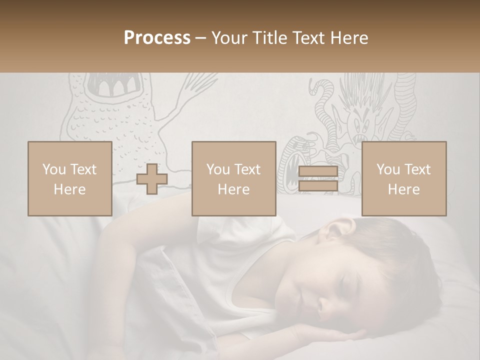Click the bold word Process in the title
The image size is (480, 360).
coord(157,37)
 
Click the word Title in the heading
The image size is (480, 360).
coord(270,37)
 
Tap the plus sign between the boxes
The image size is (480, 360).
coord(152,179)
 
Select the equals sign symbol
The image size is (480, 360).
coord(318,179)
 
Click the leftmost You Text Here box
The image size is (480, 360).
coord(69,178)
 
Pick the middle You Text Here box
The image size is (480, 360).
coord(233,178)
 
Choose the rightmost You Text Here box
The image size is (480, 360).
coord(403,178)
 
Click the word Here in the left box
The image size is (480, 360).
coord(69,189)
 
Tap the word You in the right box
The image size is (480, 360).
coord(388,169)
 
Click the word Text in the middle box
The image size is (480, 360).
coord(248,169)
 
